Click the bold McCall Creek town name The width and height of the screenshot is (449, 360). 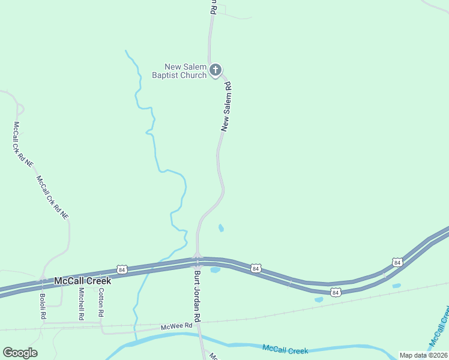coord(82,281)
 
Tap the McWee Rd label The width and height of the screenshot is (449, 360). coord(176,326)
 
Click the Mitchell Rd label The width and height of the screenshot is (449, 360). coord(82,304)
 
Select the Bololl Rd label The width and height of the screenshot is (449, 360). coord(43,305)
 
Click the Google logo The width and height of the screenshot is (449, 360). coord(20,353)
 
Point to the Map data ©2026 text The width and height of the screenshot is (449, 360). coord(424,355)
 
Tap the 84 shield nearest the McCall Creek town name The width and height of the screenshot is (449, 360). coord(122,269)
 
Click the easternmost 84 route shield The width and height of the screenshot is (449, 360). coord(397,262)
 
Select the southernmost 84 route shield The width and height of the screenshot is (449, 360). coord(336,292)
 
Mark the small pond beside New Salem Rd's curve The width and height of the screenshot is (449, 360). coord(221,228)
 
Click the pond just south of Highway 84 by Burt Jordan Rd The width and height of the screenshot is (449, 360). coord(215,269)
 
